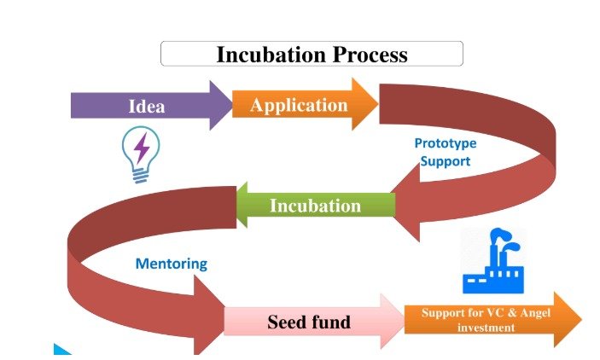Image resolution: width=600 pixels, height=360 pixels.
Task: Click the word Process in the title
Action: [x=370, y=55]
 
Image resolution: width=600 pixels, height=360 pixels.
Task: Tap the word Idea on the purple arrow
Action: [x=147, y=106]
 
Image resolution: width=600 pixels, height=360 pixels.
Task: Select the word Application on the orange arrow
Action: [x=299, y=106]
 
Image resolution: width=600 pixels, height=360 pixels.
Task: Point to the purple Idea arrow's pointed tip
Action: [x=232, y=105]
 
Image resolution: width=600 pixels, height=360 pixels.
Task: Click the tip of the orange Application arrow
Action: [x=378, y=104]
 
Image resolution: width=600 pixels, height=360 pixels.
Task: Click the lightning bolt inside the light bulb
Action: [x=142, y=148]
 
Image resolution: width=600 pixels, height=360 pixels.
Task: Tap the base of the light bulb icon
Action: [x=141, y=175]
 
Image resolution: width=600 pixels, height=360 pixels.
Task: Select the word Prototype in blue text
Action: [x=446, y=143]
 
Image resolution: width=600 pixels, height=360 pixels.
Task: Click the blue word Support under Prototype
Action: [x=445, y=161]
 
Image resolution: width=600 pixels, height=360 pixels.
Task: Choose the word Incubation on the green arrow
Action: [x=315, y=206]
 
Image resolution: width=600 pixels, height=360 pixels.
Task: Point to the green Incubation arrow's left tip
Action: [x=237, y=205]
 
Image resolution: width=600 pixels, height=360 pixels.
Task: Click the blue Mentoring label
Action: [x=172, y=264]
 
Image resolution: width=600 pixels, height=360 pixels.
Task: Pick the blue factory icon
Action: [x=493, y=261]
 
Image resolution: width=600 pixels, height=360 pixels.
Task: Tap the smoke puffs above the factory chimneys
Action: [x=504, y=238]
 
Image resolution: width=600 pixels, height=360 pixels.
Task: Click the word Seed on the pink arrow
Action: [x=286, y=322]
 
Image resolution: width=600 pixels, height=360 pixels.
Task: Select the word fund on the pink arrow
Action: [x=330, y=322]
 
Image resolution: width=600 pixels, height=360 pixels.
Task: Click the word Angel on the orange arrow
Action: [x=535, y=313]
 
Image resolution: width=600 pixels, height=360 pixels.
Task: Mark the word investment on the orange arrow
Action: [x=486, y=328]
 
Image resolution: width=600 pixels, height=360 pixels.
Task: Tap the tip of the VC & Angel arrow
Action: [x=581, y=319]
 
